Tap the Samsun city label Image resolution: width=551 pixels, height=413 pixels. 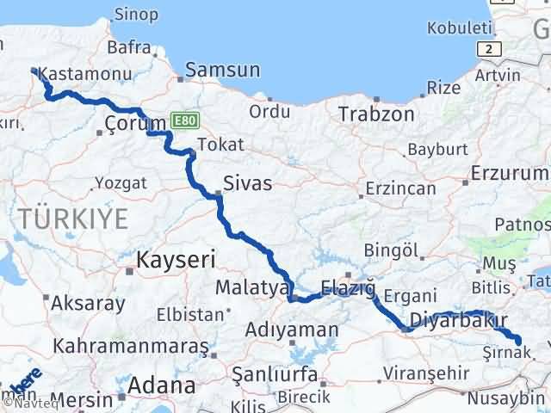pyautogui.click(x=222, y=71)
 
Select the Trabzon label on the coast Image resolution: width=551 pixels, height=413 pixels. pyautogui.click(x=376, y=114)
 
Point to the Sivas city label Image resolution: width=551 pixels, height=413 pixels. pyautogui.click(x=247, y=183)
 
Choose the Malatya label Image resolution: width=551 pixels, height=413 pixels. pyautogui.click(x=251, y=288)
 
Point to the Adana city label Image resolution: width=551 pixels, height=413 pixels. pyautogui.click(x=162, y=384)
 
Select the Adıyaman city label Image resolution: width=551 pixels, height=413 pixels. pyautogui.click(x=291, y=330)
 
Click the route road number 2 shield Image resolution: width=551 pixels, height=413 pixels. pyautogui.click(x=489, y=49)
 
